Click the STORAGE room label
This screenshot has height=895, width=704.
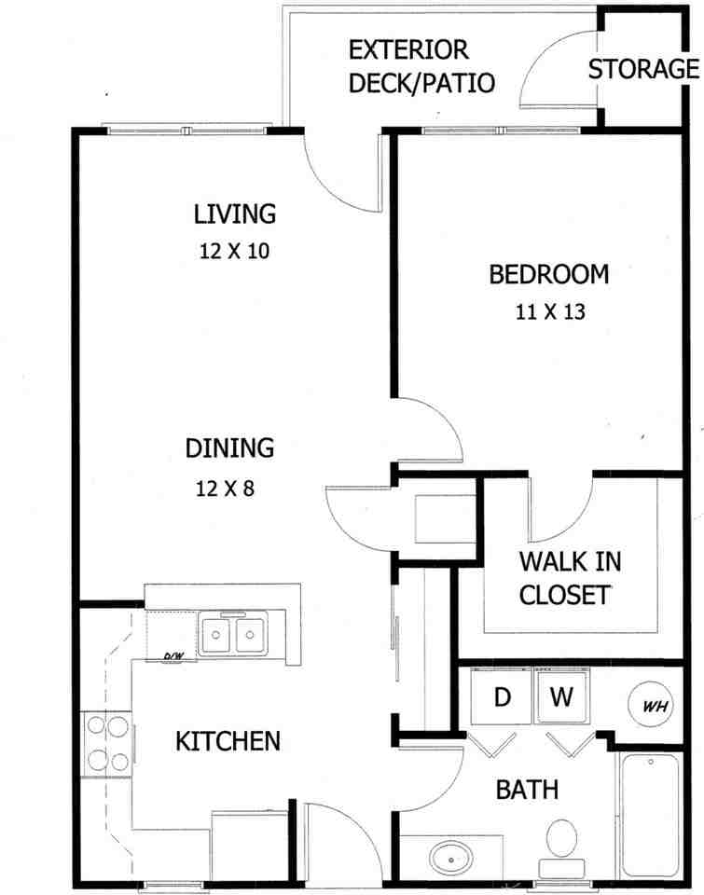pyautogui.click(x=643, y=69)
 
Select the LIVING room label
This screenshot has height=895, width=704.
pyautogui.click(x=235, y=213)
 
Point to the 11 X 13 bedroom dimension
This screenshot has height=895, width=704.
pyautogui.click(x=549, y=311)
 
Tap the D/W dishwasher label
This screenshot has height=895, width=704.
pyautogui.click(x=173, y=656)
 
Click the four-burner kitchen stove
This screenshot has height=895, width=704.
pyautogui.click(x=107, y=743)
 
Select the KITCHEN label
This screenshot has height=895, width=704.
pyautogui.click(x=228, y=741)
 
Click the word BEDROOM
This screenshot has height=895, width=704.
pyautogui.click(x=549, y=274)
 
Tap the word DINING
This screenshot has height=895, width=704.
pyautogui.click(x=229, y=448)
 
